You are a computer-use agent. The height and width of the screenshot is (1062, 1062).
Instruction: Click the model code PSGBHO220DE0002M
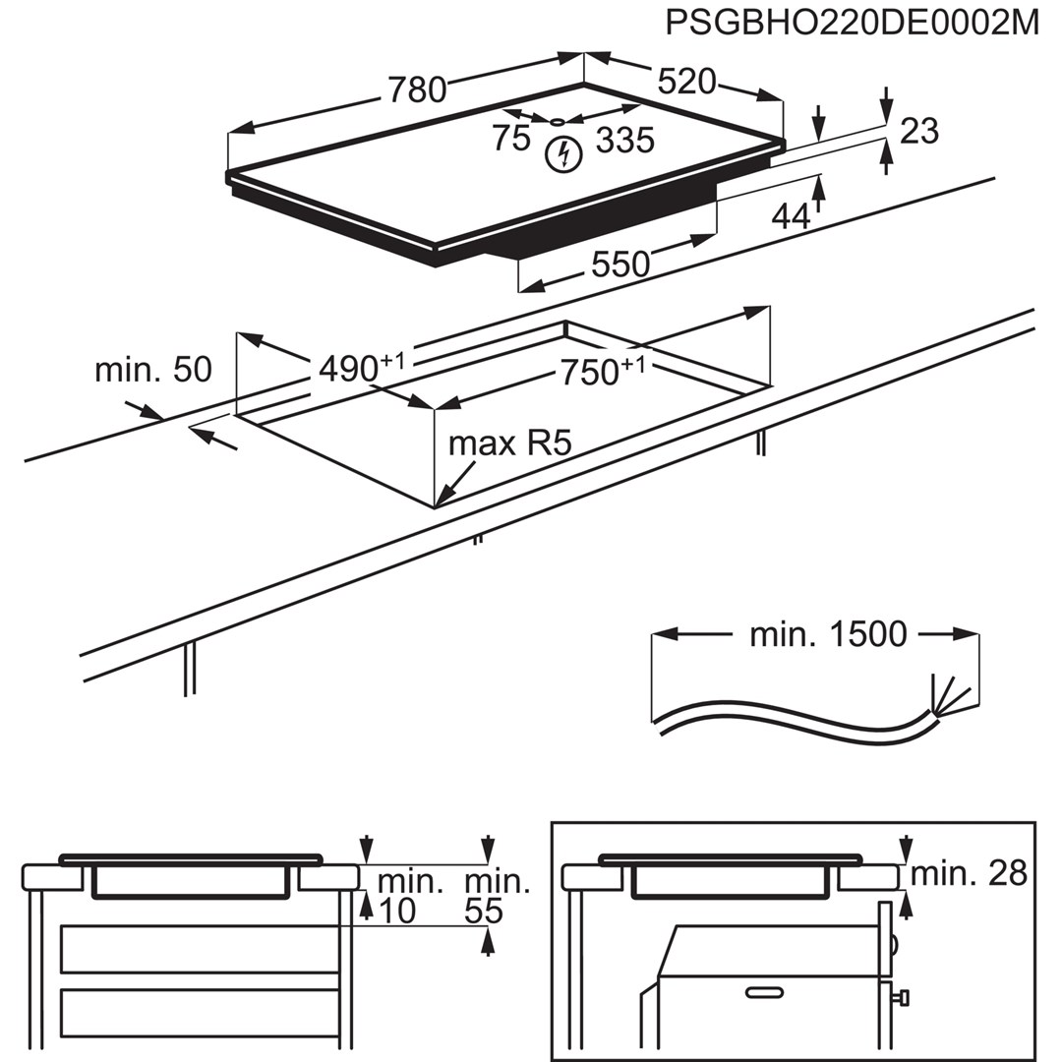[x=852, y=23]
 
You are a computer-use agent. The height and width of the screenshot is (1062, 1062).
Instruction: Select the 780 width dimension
[x=417, y=89]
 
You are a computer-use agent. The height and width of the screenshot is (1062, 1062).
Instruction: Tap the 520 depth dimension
[x=686, y=82]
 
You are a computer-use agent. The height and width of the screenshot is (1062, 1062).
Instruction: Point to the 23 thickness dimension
[x=919, y=131]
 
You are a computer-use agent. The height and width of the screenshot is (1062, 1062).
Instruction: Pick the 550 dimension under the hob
[x=620, y=265]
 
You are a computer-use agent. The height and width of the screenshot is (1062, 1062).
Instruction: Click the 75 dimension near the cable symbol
[x=511, y=139]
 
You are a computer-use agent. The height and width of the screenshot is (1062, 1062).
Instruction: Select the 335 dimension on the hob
[x=624, y=142]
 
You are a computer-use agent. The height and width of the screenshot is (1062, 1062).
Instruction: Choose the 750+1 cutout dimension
[x=603, y=372]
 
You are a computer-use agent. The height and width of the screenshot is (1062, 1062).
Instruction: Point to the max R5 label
[x=509, y=443]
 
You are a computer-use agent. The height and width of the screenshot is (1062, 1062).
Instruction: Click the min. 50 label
[x=152, y=371]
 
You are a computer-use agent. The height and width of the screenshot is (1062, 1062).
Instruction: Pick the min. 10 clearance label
[x=397, y=896]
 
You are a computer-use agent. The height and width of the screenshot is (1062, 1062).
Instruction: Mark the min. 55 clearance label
[x=497, y=896]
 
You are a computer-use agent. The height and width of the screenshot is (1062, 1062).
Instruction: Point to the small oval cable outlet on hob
[x=557, y=122]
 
